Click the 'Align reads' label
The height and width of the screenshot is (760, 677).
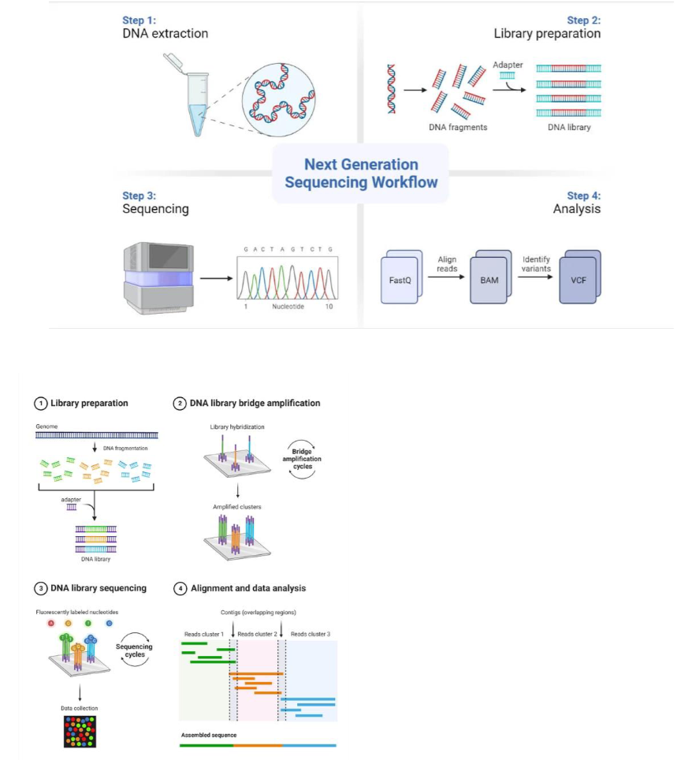click(x=447, y=264)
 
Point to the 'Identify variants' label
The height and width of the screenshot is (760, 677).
click(x=536, y=264)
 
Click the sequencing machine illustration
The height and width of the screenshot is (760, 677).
click(x=157, y=278)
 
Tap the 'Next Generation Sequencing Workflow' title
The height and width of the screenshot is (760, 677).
click(x=361, y=173)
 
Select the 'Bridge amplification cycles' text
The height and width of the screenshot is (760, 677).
click(x=303, y=460)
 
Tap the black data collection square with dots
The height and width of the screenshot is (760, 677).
click(x=80, y=731)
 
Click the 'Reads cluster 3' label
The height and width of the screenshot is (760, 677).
click(x=311, y=634)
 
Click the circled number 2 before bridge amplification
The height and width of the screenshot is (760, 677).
click(x=179, y=403)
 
